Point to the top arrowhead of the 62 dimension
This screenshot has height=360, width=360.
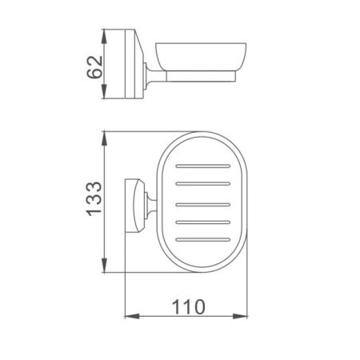[x=104, y=35]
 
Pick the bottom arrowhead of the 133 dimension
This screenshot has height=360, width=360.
[x=104, y=270]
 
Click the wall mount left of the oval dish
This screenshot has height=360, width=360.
[x=139, y=202]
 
